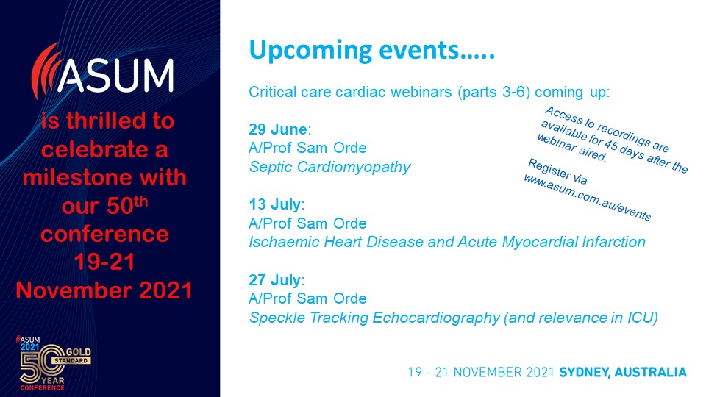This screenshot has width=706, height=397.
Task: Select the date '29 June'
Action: pyautogui.click(x=278, y=129)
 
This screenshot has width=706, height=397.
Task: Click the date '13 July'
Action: pyautogui.click(x=274, y=204)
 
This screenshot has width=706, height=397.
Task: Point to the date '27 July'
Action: pyautogui.click(x=274, y=280)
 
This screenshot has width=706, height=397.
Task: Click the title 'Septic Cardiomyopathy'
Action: pyautogui.click(x=329, y=167)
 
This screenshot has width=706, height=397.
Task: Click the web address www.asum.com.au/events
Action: pyautogui.click(x=587, y=198)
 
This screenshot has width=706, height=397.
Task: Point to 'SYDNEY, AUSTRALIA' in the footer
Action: pyautogui.click(x=623, y=373)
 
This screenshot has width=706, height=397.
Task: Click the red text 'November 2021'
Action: pyautogui.click(x=104, y=290)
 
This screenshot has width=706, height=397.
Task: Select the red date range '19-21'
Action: pyautogui.click(x=104, y=262)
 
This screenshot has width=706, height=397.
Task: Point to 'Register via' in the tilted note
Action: pyautogui.click(x=557, y=171)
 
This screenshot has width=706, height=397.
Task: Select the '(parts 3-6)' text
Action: pyautogui.click(x=494, y=93)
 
